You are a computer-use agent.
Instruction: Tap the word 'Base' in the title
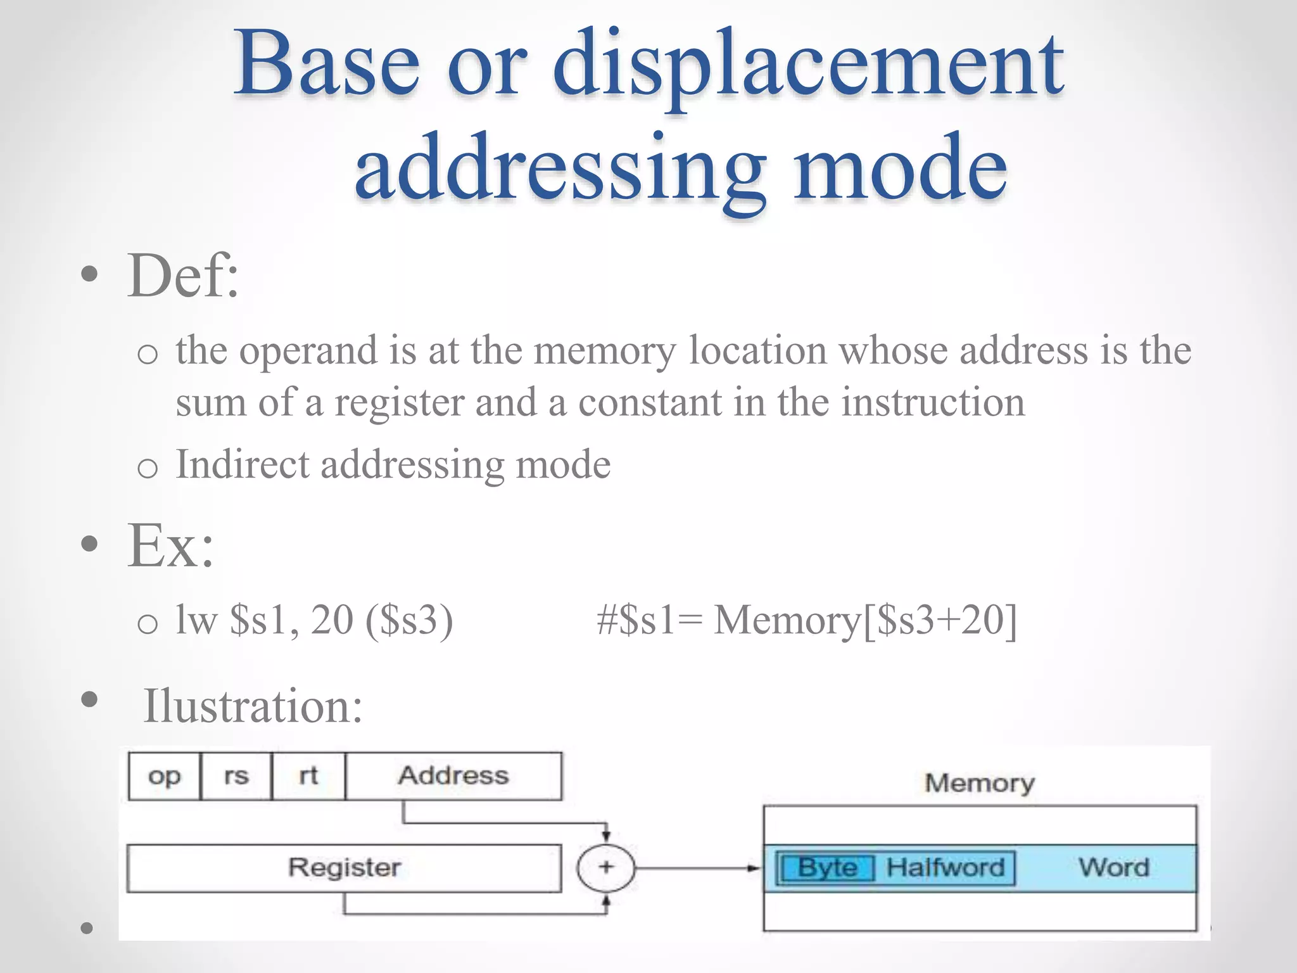point(326,63)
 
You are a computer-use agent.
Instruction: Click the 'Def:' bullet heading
point(183,276)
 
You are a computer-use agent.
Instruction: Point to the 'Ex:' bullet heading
point(170,545)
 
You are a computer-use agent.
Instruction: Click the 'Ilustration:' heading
point(253,706)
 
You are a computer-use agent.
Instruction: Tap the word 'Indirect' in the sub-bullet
point(243,464)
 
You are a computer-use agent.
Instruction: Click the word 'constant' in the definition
point(650,402)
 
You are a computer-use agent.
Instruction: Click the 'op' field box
point(164,776)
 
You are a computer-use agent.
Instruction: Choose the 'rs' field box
point(236,776)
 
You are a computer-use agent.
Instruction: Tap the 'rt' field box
point(308,776)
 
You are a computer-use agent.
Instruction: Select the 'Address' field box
point(453,776)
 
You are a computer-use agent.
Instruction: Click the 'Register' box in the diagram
point(344,868)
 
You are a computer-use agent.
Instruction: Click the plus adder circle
point(606,867)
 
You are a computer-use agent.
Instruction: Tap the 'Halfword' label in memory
point(945,867)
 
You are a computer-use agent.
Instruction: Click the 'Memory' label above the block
point(980,784)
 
